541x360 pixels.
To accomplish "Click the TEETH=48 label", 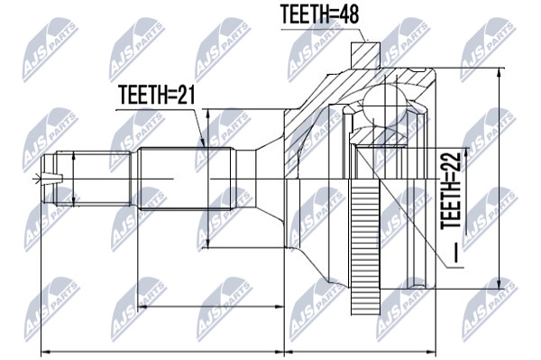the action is (x=320, y=14).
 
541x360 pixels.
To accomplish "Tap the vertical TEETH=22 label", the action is (x=451, y=189).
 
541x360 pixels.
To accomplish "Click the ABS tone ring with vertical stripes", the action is (x=365, y=246).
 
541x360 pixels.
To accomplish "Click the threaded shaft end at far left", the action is (x=87, y=179).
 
